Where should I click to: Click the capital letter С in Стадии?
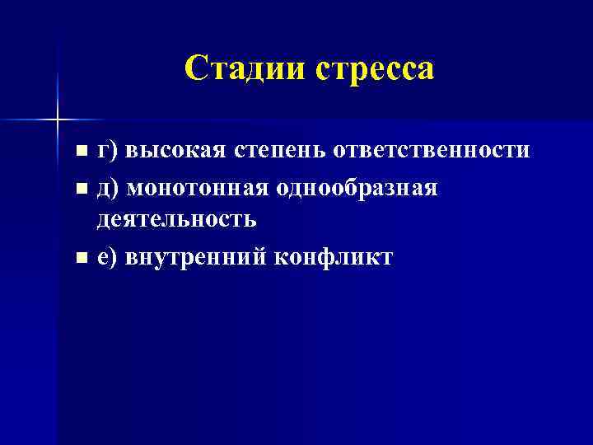(x=194, y=68)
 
